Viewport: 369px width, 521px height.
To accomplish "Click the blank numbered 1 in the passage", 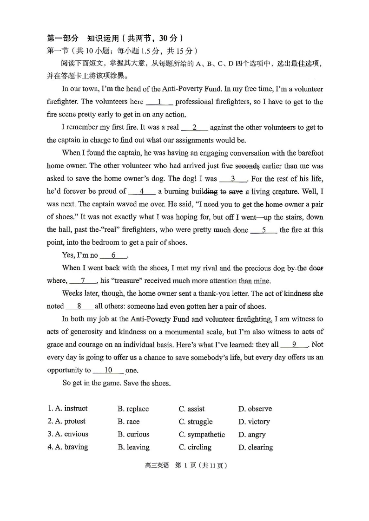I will coord(159,102).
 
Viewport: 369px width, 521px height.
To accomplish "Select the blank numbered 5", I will coord(264,230).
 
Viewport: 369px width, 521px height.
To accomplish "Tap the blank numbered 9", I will coord(294,345).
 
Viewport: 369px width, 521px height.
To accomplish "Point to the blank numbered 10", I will coord(108,370).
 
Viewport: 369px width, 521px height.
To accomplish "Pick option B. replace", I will coord(133,409).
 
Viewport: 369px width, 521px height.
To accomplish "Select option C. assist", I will coord(191,409).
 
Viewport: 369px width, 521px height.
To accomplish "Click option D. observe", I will coord(255,409).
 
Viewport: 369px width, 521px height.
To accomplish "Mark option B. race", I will coord(128,422).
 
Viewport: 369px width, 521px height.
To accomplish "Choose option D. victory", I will coord(254,422).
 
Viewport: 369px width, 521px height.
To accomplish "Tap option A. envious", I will coord(68,434).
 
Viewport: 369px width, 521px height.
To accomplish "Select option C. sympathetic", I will coord(202,435).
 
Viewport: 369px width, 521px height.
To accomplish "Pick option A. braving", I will coord(68,447).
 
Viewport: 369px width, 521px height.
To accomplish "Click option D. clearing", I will coord(255,447).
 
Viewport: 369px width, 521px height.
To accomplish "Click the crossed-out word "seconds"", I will coord(247,166).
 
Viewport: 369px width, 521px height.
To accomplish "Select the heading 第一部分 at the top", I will coord(63,38).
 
